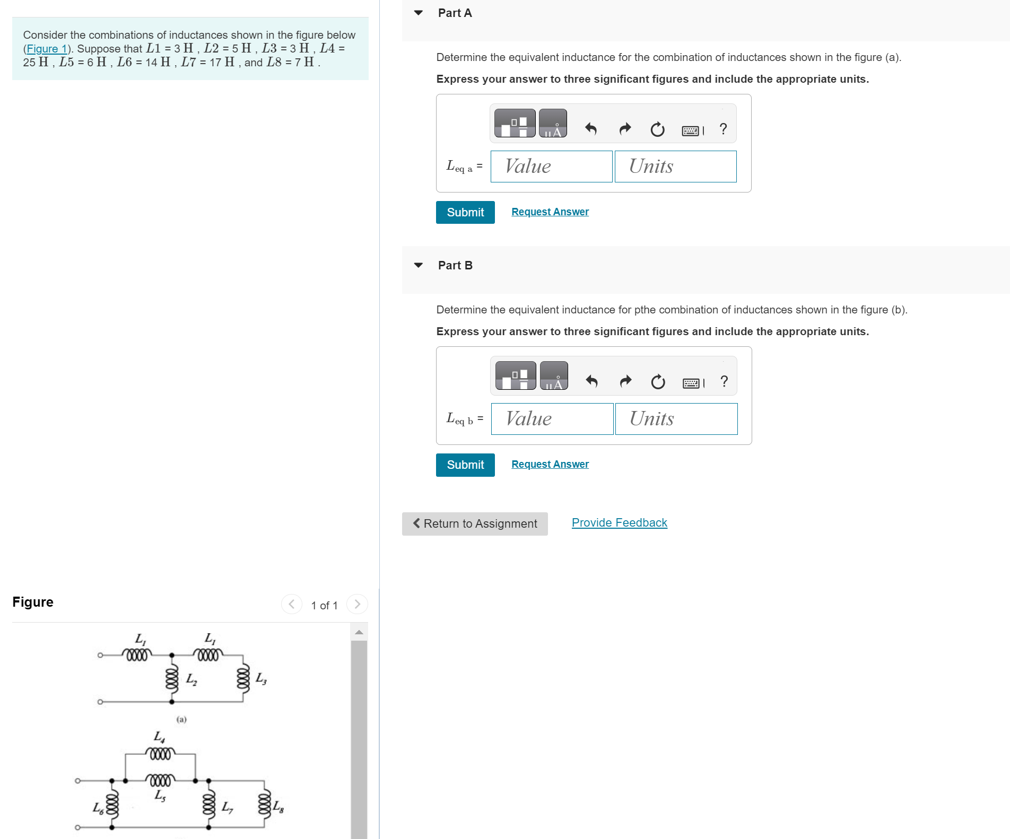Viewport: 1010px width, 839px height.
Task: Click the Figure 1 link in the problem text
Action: pyautogui.click(x=47, y=49)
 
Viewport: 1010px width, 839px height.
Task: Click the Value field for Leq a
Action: pyautogui.click(x=551, y=167)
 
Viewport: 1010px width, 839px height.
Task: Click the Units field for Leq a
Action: pyautogui.click(x=675, y=167)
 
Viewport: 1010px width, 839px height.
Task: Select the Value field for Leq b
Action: pyautogui.click(x=552, y=419)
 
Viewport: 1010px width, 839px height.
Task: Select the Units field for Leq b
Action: pyautogui.click(x=676, y=419)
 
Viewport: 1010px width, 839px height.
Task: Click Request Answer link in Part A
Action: pyautogui.click(x=550, y=212)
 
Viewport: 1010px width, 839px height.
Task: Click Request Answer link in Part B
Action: pyautogui.click(x=550, y=464)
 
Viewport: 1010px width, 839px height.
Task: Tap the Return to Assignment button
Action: pyautogui.click(x=475, y=523)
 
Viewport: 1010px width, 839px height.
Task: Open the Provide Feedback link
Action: pyautogui.click(x=619, y=522)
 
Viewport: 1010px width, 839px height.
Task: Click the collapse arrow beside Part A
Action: pyautogui.click(x=419, y=13)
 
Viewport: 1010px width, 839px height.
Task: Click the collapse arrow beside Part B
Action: pyautogui.click(x=419, y=265)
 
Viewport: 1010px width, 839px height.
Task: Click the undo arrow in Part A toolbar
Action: pyautogui.click(x=591, y=129)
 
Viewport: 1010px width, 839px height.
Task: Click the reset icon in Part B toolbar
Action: pyautogui.click(x=658, y=381)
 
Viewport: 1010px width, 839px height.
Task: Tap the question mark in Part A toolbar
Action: pyautogui.click(x=723, y=129)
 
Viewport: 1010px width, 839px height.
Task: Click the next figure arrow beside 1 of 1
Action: pyautogui.click(x=357, y=604)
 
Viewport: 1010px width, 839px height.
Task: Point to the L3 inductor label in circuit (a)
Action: pyautogui.click(x=261, y=678)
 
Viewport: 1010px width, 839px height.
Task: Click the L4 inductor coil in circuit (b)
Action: pyautogui.click(x=160, y=754)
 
